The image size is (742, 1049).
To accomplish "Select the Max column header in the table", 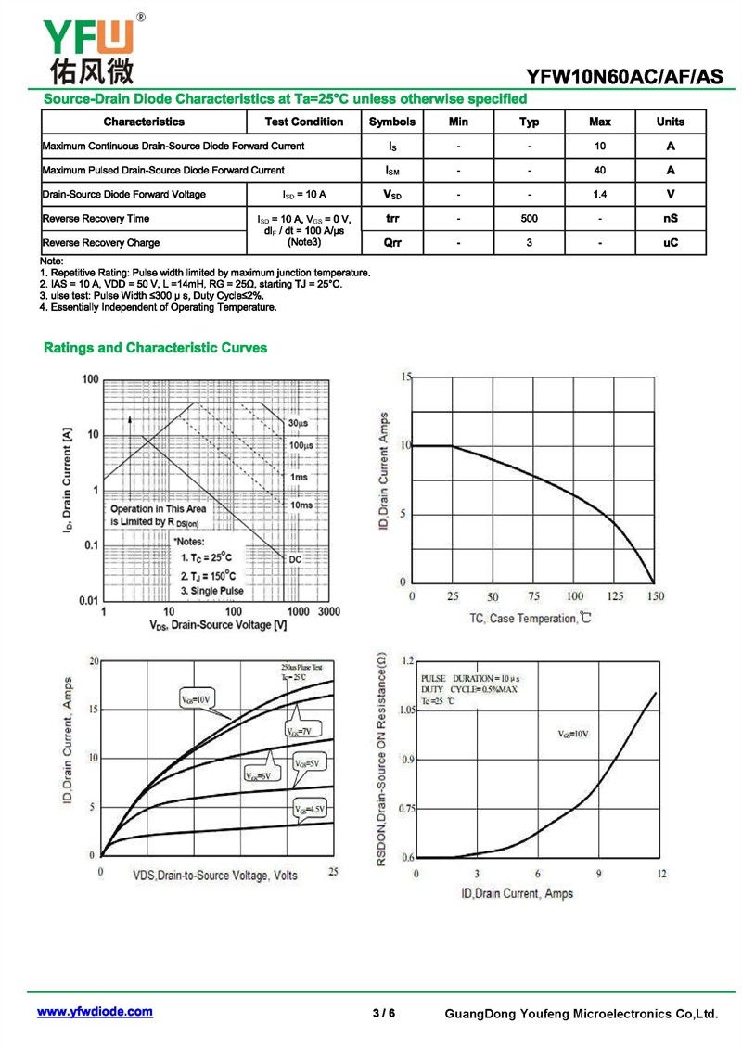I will (x=599, y=122).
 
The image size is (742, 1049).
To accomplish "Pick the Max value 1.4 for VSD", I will (x=599, y=195).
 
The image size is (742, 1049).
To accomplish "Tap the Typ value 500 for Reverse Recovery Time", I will (x=529, y=219).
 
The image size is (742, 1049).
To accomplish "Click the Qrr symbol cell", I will (x=392, y=243).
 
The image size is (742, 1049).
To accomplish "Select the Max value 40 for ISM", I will (x=599, y=171).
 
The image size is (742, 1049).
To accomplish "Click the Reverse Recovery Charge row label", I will (x=101, y=243).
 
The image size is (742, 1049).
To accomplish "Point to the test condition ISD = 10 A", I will (x=304, y=195).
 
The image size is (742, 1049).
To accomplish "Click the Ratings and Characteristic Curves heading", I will (x=156, y=348).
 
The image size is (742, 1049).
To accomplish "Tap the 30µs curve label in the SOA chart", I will (x=298, y=423).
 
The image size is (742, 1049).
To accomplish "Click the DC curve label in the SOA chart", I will (x=295, y=560).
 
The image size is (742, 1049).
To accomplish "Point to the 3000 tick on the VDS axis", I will (x=329, y=612).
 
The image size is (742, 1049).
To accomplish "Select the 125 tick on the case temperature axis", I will (x=616, y=596).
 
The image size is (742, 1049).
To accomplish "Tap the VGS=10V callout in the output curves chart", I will (x=198, y=698).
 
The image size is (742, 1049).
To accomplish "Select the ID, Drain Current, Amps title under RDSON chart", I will (x=518, y=893).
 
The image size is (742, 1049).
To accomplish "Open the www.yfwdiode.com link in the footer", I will (x=95, y=1012).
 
